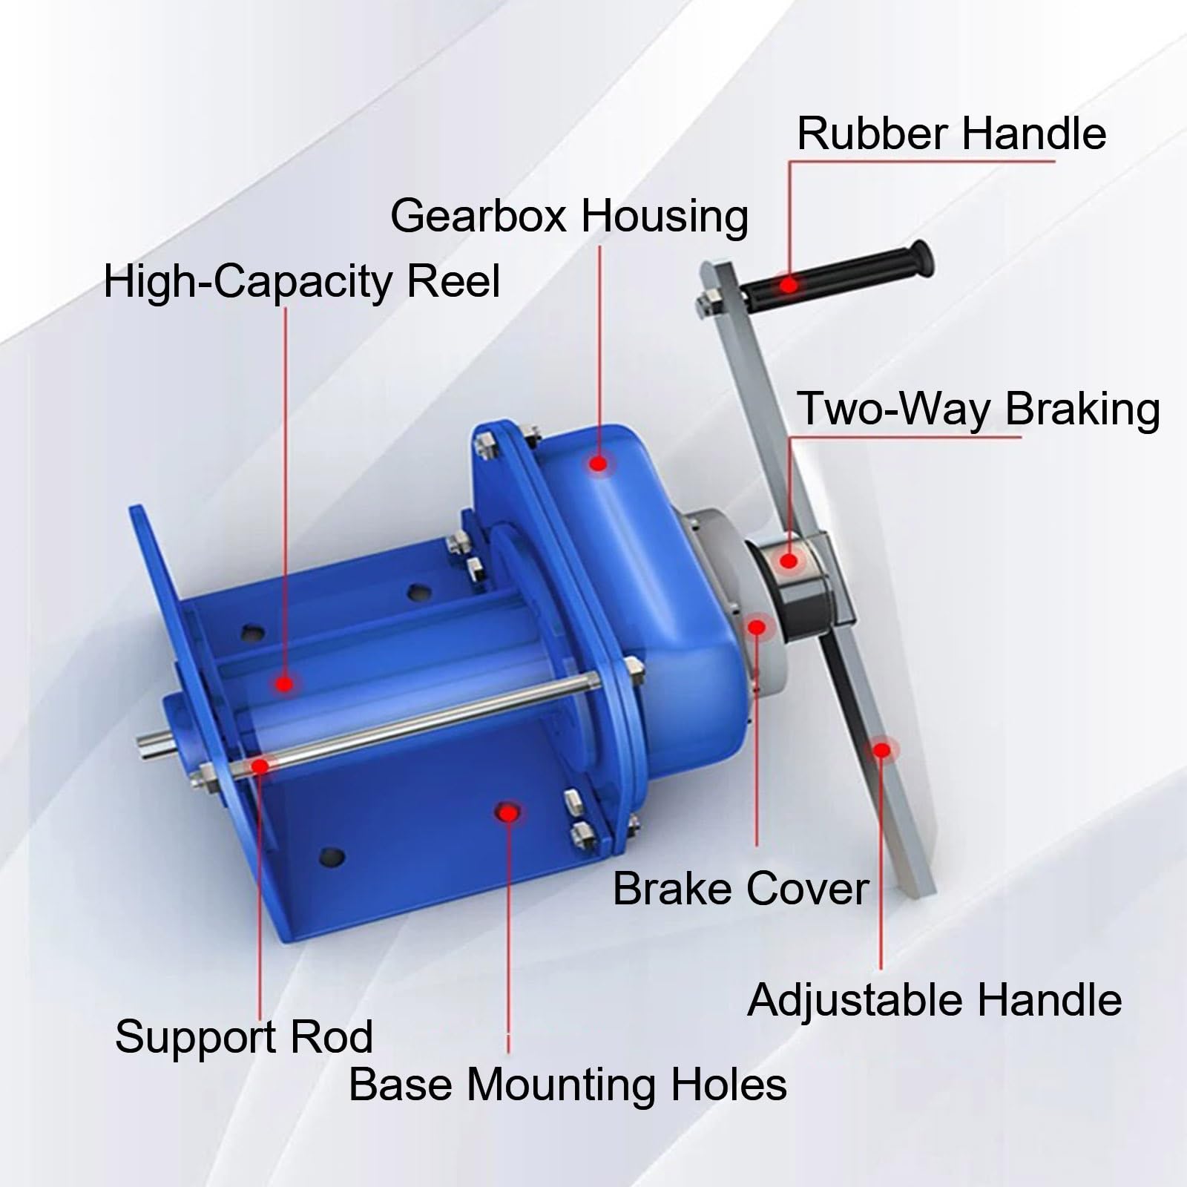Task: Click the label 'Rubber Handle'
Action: click(x=952, y=134)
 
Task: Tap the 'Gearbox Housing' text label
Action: click(x=569, y=217)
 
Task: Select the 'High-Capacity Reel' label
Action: click(x=302, y=282)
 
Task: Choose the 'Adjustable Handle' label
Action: click(x=935, y=1000)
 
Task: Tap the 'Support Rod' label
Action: click(x=244, y=1036)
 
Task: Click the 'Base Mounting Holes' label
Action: click(x=568, y=1085)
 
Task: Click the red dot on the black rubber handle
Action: click(x=789, y=284)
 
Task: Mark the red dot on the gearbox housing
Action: click(x=598, y=464)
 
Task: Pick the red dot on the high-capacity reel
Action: click(x=284, y=684)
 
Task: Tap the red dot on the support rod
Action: click(x=260, y=765)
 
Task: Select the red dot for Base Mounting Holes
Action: click(x=508, y=813)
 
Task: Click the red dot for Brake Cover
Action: click(x=757, y=628)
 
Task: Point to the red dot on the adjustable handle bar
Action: click(x=881, y=750)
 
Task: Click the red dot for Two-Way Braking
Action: click(x=789, y=560)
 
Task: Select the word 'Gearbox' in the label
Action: click(x=480, y=217)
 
